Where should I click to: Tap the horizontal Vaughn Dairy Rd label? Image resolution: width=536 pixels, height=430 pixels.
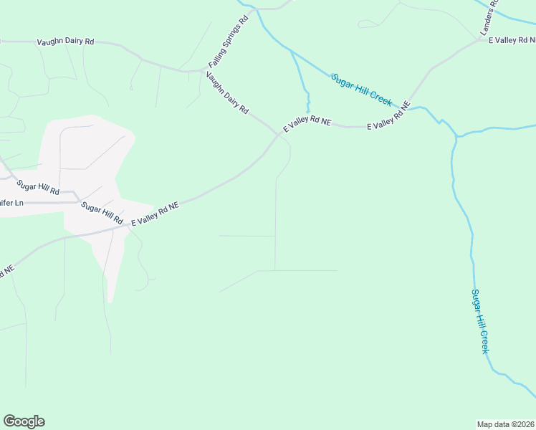pos(65,42)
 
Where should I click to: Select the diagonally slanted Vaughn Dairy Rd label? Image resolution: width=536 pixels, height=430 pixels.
pos(227,93)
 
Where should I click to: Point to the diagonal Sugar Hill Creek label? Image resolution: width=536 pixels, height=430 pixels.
pos(362,90)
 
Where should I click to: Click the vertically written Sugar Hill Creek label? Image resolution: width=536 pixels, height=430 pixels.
pos(479,320)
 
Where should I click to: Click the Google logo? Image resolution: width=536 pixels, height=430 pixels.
pos(24,421)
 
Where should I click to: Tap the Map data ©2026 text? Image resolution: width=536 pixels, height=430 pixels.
pos(506,424)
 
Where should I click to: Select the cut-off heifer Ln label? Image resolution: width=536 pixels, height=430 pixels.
pos(11,204)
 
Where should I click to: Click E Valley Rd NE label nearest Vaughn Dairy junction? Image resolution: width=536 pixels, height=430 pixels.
pos(307,123)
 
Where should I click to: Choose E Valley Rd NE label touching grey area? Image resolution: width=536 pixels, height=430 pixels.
pos(154,214)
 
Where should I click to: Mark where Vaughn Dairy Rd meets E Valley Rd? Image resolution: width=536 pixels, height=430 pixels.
pos(279,133)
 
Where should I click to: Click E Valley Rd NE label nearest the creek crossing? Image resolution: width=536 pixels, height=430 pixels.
pos(388,116)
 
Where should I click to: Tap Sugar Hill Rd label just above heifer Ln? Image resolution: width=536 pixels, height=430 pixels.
pos(39,188)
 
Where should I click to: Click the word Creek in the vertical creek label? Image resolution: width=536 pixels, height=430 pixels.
pos(483,341)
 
